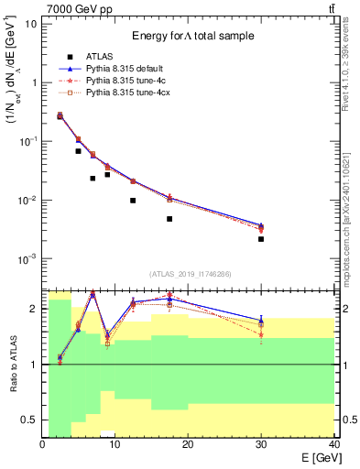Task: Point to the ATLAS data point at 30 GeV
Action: coord(261,239)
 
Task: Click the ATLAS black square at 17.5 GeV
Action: coord(169,219)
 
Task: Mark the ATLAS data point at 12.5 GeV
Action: coord(133,201)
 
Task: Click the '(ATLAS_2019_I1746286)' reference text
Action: coord(190,273)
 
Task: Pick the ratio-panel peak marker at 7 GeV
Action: coord(93,294)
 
